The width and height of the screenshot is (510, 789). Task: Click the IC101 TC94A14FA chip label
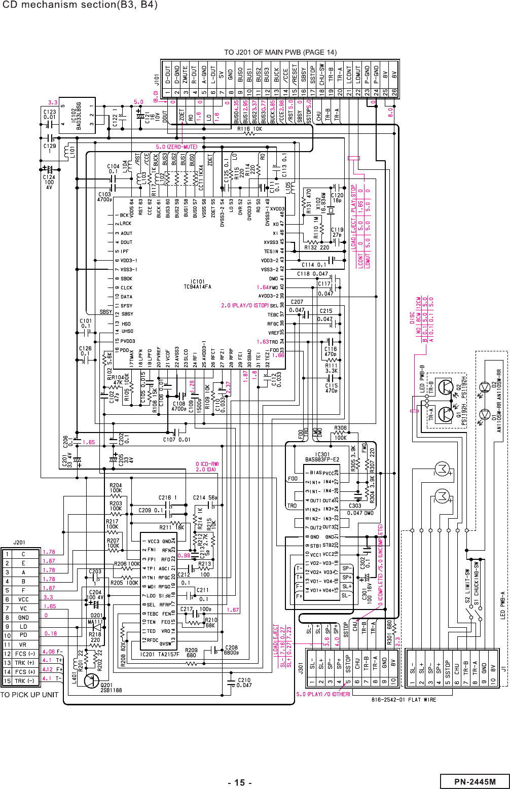[197, 284]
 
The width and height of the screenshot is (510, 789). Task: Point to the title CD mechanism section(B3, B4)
[80, 6]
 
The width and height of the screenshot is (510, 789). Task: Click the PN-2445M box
[475, 781]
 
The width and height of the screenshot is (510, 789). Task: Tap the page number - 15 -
[240, 782]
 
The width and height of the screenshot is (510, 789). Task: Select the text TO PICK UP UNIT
[29, 695]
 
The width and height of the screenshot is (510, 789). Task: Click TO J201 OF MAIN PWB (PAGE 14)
[280, 52]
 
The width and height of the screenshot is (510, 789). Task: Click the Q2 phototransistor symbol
[446, 387]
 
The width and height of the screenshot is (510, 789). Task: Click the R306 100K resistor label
[341, 433]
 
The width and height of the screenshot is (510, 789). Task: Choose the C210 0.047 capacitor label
[244, 683]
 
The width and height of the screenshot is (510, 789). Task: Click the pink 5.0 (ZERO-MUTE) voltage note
[176, 147]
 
